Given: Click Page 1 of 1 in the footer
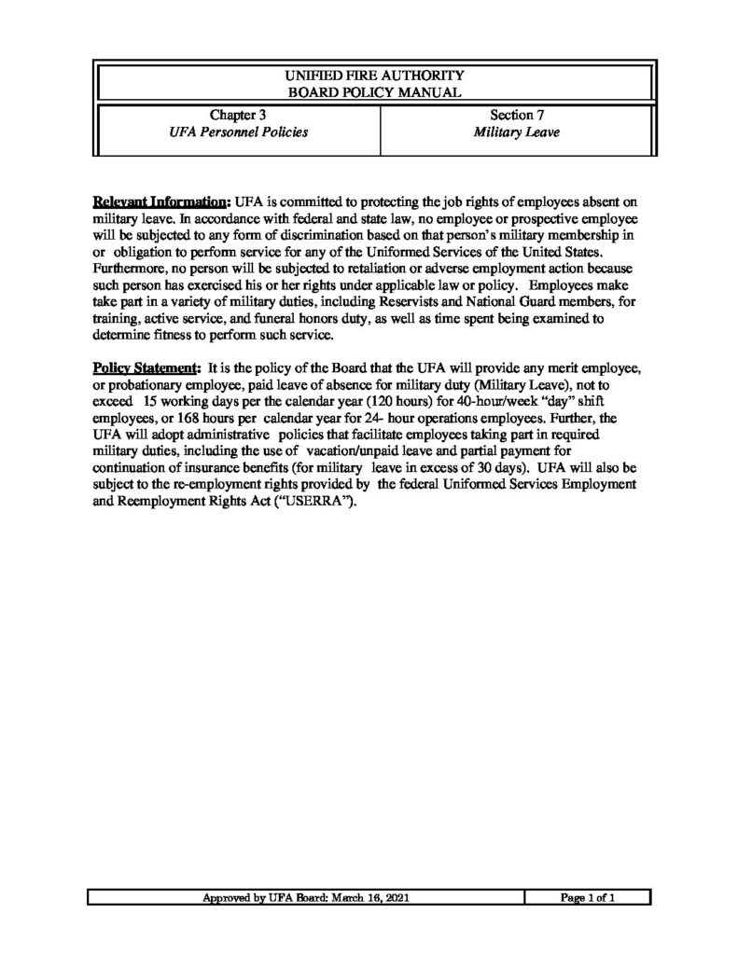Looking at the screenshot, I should pyautogui.click(x=588, y=898).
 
